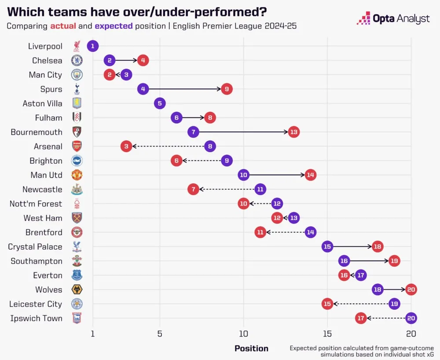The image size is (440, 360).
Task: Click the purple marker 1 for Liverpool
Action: tap(92, 46)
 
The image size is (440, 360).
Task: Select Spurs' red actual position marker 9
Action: tap(227, 89)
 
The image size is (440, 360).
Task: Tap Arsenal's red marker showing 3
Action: tap(126, 147)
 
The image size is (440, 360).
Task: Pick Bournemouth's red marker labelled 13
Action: tap(294, 132)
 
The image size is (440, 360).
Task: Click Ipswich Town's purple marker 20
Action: tap(411, 318)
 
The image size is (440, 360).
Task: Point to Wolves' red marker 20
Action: tap(411, 290)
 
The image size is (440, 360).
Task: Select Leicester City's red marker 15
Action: tap(327, 304)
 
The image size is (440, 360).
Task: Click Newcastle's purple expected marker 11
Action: tap(260, 190)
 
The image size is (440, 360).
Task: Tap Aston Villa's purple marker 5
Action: tap(160, 103)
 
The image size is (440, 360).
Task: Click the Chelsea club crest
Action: tap(77, 61)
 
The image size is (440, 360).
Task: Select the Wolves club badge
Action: tap(77, 290)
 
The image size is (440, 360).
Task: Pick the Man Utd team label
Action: tap(47, 175)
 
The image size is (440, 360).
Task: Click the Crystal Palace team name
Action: tap(35, 247)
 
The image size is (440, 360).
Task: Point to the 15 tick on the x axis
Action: tap(327, 333)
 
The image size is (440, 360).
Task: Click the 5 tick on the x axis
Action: tap(160, 333)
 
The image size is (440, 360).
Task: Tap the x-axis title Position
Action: tap(251, 349)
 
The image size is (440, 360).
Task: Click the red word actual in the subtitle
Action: tap(64, 26)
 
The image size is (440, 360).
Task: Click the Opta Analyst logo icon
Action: tap(363, 18)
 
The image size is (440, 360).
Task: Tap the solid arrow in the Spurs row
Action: tap(185, 89)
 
